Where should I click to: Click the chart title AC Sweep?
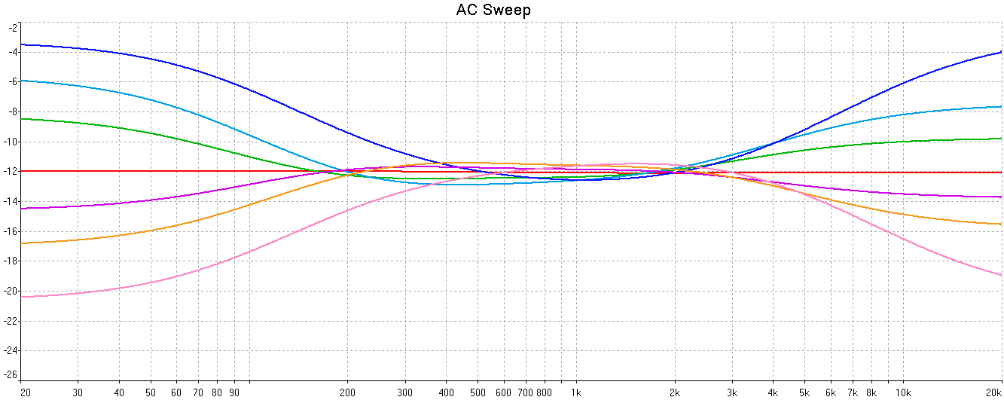(493, 10)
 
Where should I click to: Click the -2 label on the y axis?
(13, 27)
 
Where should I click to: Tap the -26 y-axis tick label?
(11, 374)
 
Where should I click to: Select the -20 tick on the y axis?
(11, 291)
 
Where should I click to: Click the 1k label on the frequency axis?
(576, 392)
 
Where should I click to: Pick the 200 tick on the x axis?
(347, 392)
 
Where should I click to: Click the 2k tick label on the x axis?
(675, 392)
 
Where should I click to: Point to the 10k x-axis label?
(902, 392)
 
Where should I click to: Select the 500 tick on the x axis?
(478, 392)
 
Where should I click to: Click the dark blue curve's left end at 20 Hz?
(21, 44)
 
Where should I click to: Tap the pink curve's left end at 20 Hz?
(21, 297)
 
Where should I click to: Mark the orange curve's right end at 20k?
(1000, 224)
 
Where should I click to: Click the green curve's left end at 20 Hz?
(21, 118)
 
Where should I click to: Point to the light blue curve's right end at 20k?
(1000, 107)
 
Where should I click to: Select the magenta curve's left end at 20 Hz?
(21, 208)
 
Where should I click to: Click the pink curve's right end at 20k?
(1000, 275)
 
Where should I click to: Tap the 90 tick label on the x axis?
(234, 392)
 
